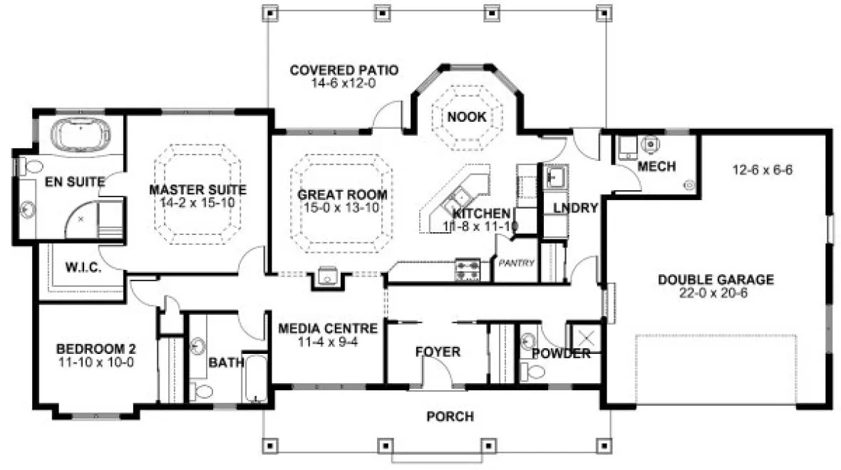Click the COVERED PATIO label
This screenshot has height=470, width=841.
coord(344,70)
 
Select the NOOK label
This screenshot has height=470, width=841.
coord(468,117)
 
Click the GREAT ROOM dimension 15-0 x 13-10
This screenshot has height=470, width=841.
coord(342,208)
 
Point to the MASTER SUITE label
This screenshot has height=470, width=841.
coord(197,190)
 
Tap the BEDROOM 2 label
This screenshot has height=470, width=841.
coord(96,349)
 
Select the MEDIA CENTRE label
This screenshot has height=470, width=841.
coord(327,328)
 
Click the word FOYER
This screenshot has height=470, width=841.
coord(438,352)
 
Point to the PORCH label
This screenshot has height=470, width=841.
coord(450,417)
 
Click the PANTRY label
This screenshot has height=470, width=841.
coord(516,263)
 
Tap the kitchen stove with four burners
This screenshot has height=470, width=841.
coord(467,271)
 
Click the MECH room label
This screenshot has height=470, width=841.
coord(656,167)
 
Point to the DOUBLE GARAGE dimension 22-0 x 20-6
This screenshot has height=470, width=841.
coord(716,293)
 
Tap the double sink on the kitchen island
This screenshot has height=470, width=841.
coord(458,197)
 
